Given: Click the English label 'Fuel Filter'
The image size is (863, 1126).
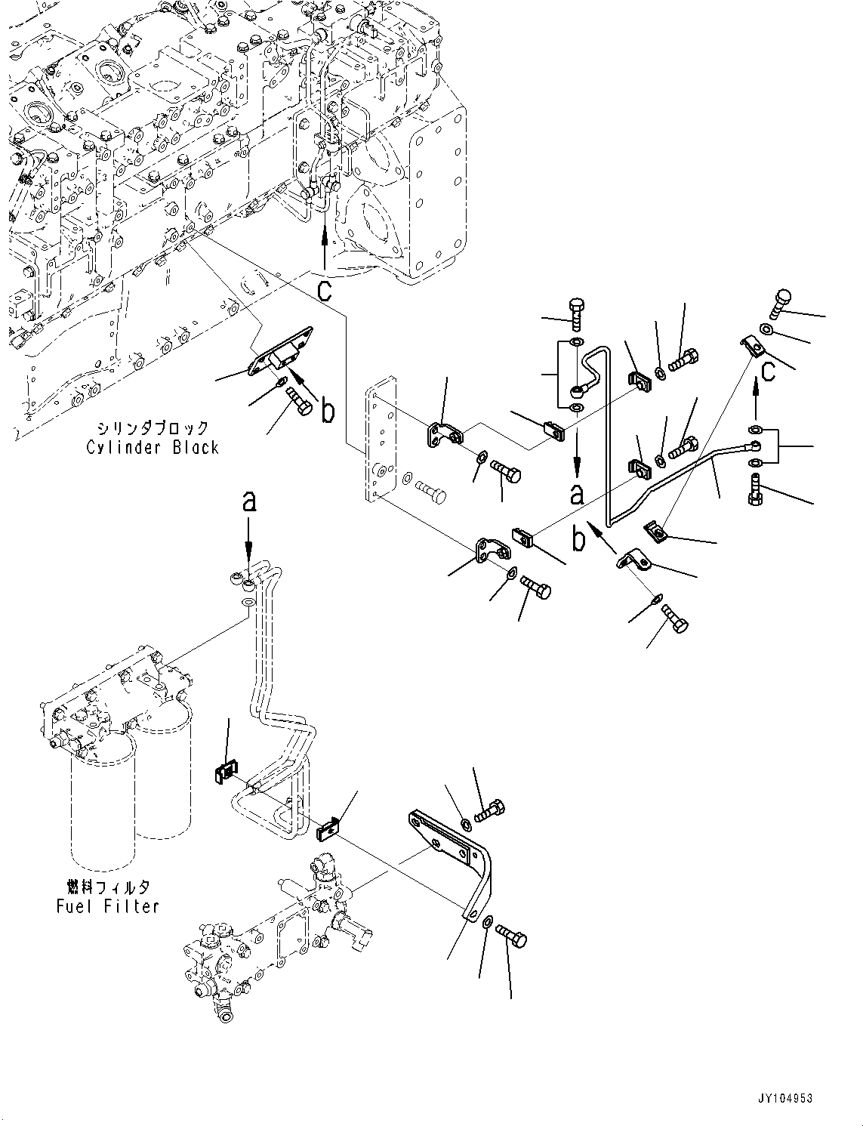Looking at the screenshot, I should [108, 905].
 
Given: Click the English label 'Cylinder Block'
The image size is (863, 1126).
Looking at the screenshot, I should [153, 448].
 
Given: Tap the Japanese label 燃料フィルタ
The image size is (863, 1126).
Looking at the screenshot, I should [109, 886].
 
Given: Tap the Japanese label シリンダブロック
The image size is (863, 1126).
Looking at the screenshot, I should [154, 427].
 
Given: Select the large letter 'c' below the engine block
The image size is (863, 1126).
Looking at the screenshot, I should [324, 290].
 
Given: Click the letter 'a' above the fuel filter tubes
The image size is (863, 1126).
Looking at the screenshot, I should [248, 501].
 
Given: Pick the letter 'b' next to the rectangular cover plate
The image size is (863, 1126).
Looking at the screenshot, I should [326, 411].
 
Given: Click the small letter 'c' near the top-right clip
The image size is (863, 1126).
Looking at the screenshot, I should [766, 371].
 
